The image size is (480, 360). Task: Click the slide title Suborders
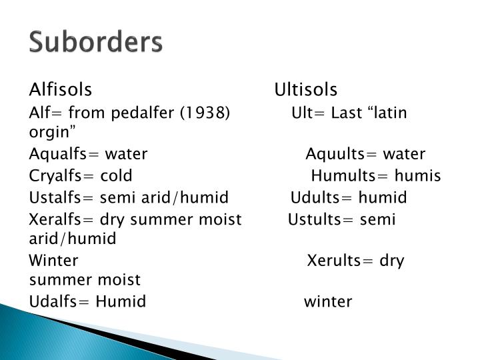pyautogui.click(x=95, y=43)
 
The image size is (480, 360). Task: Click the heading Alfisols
pyautogui.click(x=61, y=89)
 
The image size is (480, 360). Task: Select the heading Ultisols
pyautogui.click(x=306, y=89)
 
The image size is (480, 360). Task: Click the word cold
pyautogui.click(x=116, y=177)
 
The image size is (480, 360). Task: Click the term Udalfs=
pyautogui.click(x=59, y=302)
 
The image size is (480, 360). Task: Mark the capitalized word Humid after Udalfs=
pyautogui.click(x=121, y=302)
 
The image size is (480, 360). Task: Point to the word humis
pyautogui.click(x=418, y=177)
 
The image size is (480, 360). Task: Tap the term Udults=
pyautogui.click(x=322, y=198)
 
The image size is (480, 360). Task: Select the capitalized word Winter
pyautogui.click(x=54, y=260)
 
